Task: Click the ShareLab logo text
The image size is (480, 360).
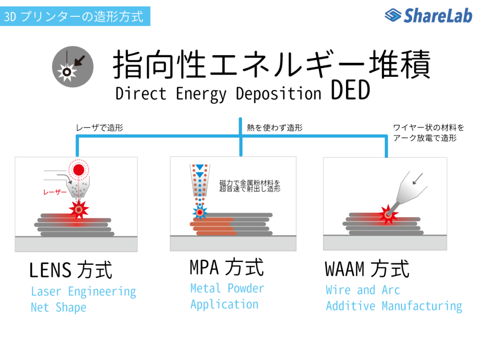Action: [438, 15]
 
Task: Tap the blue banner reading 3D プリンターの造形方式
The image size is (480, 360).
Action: [75, 16]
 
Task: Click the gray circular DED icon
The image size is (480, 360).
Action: [73, 67]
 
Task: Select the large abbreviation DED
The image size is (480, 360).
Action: [351, 90]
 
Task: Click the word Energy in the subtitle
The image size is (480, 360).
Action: [201, 94]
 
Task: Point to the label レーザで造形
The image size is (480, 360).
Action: [99, 127]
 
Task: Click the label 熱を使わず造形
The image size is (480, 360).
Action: [275, 127]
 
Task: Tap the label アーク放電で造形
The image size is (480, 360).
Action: [425, 138]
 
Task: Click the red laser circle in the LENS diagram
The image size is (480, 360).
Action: [79, 170]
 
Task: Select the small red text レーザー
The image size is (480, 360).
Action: [55, 192]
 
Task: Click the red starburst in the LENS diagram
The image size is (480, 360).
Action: [79, 210]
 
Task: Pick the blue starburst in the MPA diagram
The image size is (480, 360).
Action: [200, 212]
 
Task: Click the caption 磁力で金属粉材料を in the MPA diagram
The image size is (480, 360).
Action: [250, 183]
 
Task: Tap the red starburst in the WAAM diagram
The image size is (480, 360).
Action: [388, 215]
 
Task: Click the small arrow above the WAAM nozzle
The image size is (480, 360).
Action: [418, 179]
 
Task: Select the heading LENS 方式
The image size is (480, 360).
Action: [71, 270]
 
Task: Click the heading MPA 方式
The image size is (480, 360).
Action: [226, 267]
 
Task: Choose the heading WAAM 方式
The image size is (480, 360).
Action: [367, 269]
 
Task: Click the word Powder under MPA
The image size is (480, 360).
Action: [246, 288]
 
